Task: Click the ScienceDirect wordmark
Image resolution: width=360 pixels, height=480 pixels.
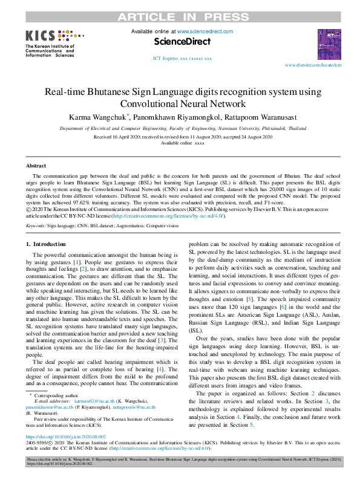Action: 183,42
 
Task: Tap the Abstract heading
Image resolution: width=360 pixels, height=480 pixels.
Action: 36,166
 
